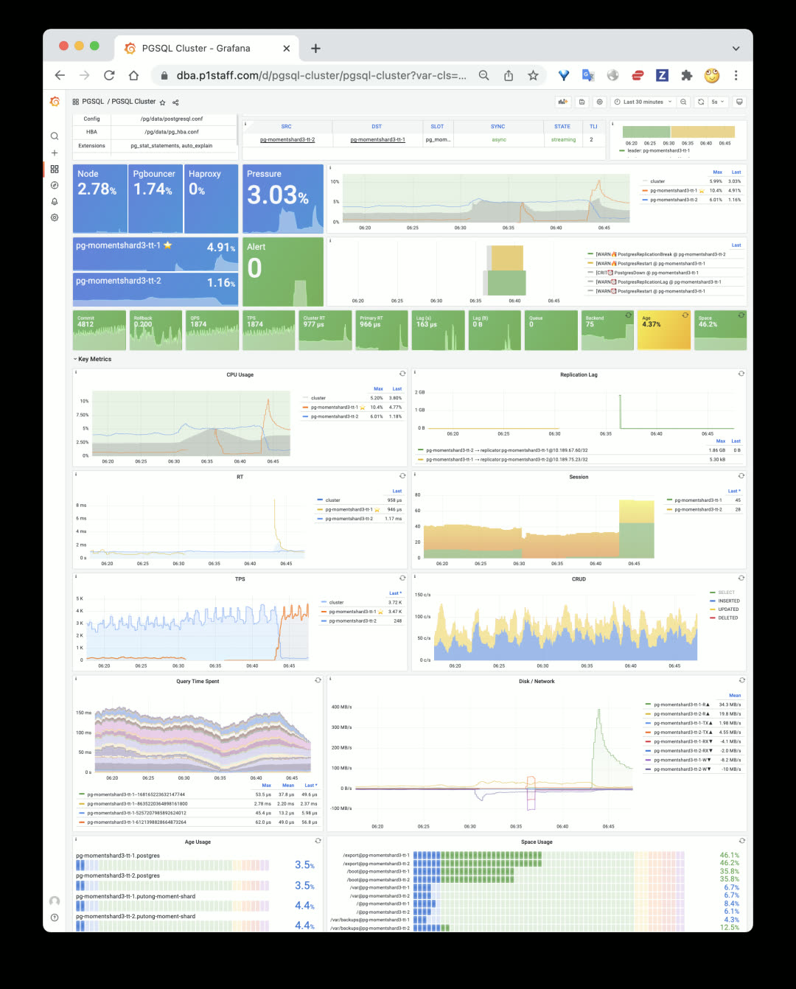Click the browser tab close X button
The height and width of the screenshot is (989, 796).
(x=287, y=49)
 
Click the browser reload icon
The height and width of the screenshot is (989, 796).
(x=109, y=75)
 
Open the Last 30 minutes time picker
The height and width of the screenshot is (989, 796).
(x=643, y=102)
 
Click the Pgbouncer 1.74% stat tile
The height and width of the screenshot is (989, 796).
(x=155, y=198)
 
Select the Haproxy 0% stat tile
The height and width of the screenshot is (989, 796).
(x=211, y=198)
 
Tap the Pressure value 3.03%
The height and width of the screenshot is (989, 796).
(x=277, y=195)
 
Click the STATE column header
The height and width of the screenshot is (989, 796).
(x=562, y=127)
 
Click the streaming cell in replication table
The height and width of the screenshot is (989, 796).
(x=563, y=140)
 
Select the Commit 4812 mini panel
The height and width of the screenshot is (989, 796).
(x=99, y=330)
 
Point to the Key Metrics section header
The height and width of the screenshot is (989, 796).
(x=94, y=360)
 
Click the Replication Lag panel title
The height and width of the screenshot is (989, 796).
(x=579, y=375)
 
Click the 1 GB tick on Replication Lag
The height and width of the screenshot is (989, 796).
(x=420, y=410)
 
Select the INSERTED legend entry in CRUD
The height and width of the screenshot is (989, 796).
(x=728, y=601)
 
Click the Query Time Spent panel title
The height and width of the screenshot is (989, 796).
(x=198, y=682)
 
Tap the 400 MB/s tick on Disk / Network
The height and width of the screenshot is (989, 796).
(x=341, y=707)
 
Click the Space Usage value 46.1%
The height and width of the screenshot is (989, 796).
(x=729, y=856)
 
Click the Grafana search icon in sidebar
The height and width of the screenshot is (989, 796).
(x=55, y=136)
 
